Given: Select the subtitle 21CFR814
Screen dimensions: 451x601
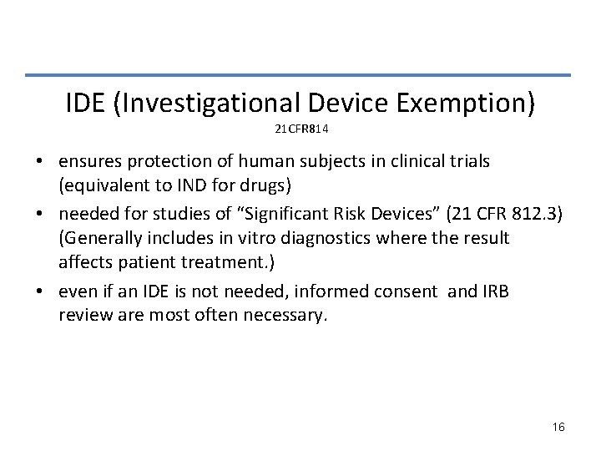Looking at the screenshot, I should click(x=300, y=130).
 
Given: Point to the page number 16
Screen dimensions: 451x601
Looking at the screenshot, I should click(x=558, y=427).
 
